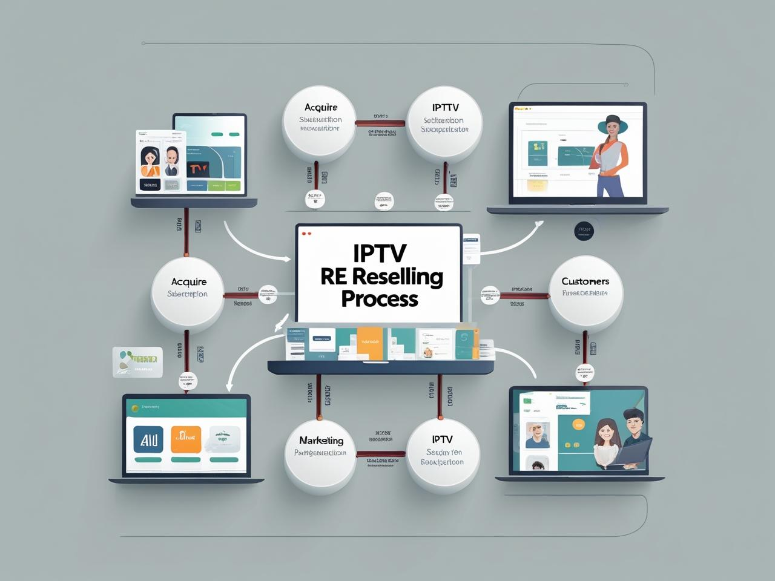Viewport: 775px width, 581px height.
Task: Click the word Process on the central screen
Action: [x=380, y=299]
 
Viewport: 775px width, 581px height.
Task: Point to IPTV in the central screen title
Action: [x=380, y=253]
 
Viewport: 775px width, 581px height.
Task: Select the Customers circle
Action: [x=585, y=294]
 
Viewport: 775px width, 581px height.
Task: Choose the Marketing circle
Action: [x=321, y=451]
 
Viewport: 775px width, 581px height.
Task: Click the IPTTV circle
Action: [x=445, y=123]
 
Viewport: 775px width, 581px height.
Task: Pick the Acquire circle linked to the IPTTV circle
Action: [x=320, y=123]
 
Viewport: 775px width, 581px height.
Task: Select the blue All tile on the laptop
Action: [x=148, y=440]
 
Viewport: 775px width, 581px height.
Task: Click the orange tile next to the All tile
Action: [x=186, y=440]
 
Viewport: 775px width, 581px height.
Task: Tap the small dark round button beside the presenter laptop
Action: [x=584, y=230]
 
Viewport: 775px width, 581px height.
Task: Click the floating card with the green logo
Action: [x=137, y=362]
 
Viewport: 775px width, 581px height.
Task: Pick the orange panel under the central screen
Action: [x=369, y=343]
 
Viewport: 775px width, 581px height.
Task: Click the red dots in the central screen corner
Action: [x=306, y=234]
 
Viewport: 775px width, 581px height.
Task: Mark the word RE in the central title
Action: [x=333, y=277]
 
